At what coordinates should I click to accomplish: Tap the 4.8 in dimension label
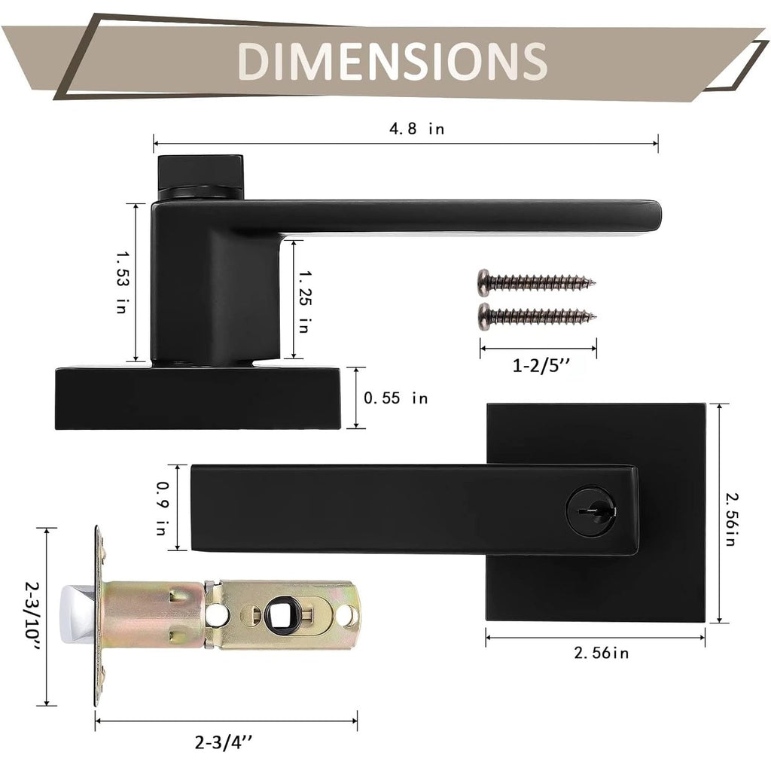tap(417, 129)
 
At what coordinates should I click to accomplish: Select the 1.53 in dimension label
tap(122, 282)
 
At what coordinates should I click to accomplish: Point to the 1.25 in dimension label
tap(305, 301)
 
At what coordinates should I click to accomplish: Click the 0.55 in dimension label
tap(396, 398)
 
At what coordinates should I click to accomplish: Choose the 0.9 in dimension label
tap(163, 508)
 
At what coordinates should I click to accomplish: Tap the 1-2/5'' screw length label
tap(542, 366)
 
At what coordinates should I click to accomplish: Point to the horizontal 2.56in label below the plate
tap(602, 653)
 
